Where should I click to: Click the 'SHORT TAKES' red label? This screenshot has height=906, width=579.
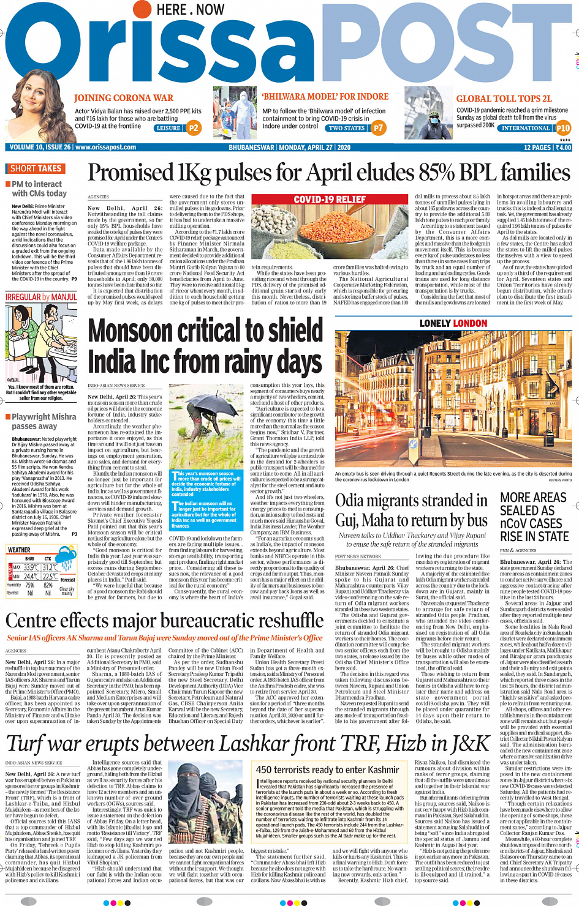click(x=36, y=168)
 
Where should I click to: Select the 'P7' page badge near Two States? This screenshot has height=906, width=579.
click(x=378, y=128)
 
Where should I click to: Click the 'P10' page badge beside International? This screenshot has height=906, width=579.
click(x=562, y=128)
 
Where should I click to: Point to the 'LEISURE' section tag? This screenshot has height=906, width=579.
click(x=168, y=129)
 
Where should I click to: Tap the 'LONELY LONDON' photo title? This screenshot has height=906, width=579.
click(x=453, y=323)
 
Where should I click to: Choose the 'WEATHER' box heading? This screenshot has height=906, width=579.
click(x=19, y=550)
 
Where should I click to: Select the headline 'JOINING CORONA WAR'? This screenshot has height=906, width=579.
click(x=124, y=98)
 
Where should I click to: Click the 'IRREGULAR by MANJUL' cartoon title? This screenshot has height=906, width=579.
click(x=41, y=297)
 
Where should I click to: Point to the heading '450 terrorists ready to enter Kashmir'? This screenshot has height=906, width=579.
click(x=327, y=769)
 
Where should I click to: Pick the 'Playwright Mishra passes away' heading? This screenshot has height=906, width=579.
click(x=44, y=421)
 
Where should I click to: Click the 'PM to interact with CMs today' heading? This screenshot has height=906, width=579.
click(x=38, y=189)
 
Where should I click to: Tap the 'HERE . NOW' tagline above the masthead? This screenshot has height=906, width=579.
click(x=191, y=10)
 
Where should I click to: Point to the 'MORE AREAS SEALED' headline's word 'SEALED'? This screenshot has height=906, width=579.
click(x=527, y=511)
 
